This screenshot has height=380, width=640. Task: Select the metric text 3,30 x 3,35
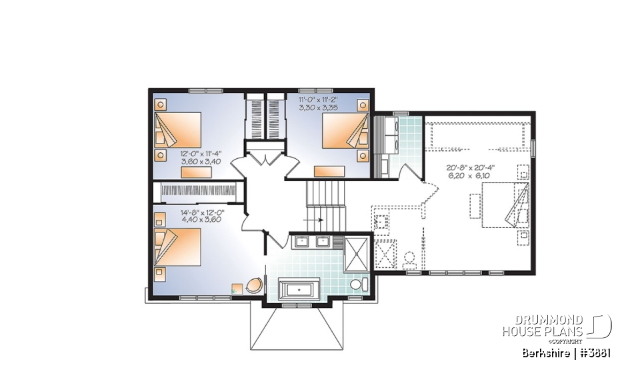320,107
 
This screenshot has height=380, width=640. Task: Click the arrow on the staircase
314,218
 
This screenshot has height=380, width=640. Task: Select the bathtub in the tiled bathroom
299,290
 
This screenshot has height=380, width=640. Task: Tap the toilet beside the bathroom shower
356,285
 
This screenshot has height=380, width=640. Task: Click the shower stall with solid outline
356,254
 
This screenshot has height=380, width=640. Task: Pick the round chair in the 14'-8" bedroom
254,286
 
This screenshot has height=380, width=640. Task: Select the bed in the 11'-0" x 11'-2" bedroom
345,130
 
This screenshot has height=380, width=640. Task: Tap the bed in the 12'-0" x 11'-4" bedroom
178,130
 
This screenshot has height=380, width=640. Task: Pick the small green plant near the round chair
237,289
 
